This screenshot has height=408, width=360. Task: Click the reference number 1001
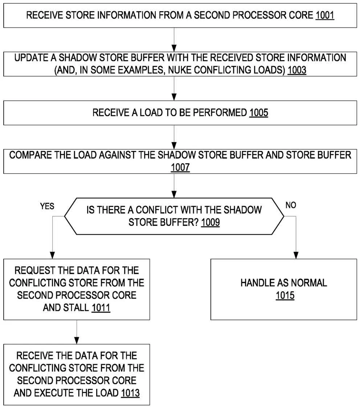click(324, 16)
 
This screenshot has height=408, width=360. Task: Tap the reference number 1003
click(296, 70)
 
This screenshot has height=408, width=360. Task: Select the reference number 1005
click(259, 113)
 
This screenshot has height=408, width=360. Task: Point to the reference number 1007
click(180, 168)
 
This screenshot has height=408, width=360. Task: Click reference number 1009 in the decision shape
click(210, 222)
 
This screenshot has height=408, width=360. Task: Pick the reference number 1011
click(101, 308)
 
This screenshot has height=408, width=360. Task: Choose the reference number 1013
click(130, 393)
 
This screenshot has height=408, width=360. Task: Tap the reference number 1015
click(285, 296)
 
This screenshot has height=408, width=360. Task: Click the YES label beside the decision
click(47, 206)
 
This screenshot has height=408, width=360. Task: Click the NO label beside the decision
click(291, 205)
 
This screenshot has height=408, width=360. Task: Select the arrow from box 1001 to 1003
click(175, 40)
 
